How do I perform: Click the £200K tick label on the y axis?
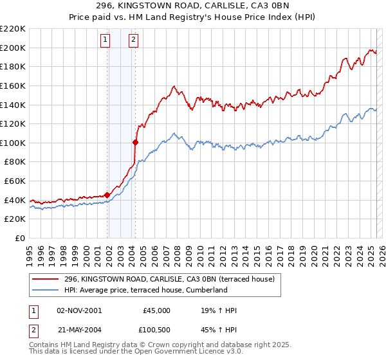(13, 48)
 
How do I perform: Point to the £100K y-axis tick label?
(13, 143)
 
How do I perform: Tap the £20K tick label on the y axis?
(15, 219)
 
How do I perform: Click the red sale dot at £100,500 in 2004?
(136, 142)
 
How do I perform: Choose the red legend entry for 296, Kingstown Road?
(169, 278)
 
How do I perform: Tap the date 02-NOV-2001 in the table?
(79, 310)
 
